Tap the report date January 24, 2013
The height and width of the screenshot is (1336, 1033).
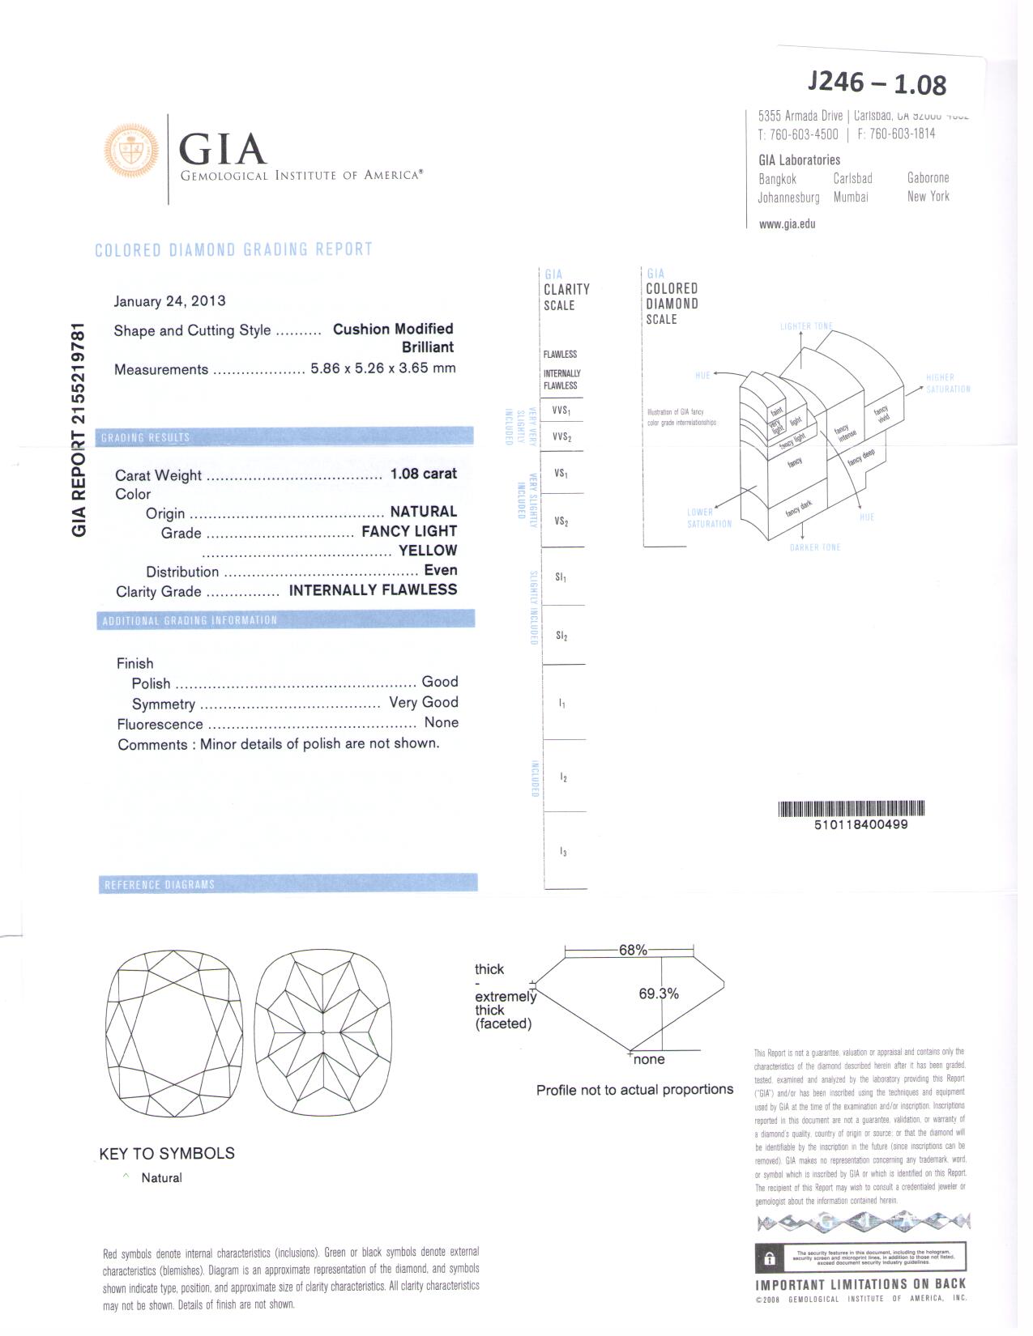(169, 301)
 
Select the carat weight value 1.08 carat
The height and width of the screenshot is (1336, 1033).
(423, 474)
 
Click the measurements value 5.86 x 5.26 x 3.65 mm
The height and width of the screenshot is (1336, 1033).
(383, 368)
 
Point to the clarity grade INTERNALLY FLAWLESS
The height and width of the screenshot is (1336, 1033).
(373, 590)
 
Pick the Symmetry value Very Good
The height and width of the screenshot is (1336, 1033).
(423, 702)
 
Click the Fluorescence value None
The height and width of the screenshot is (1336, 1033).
(441, 722)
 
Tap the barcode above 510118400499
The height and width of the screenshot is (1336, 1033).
(851, 808)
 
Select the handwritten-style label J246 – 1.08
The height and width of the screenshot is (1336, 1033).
(877, 83)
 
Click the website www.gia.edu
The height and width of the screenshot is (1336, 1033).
(787, 224)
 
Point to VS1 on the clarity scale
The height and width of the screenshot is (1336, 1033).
(561, 473)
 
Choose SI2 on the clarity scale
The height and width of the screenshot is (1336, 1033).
(561, 636)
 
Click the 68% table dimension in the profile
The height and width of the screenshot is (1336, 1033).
(633, 950)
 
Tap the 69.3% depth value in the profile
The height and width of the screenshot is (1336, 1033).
(658, 993)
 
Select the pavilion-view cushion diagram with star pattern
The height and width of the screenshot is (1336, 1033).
(322, 1032)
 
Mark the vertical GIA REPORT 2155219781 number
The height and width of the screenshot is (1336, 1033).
(79, 429)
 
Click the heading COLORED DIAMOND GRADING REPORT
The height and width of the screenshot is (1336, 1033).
(233, 249)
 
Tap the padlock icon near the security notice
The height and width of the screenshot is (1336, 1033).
(769, 1257)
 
